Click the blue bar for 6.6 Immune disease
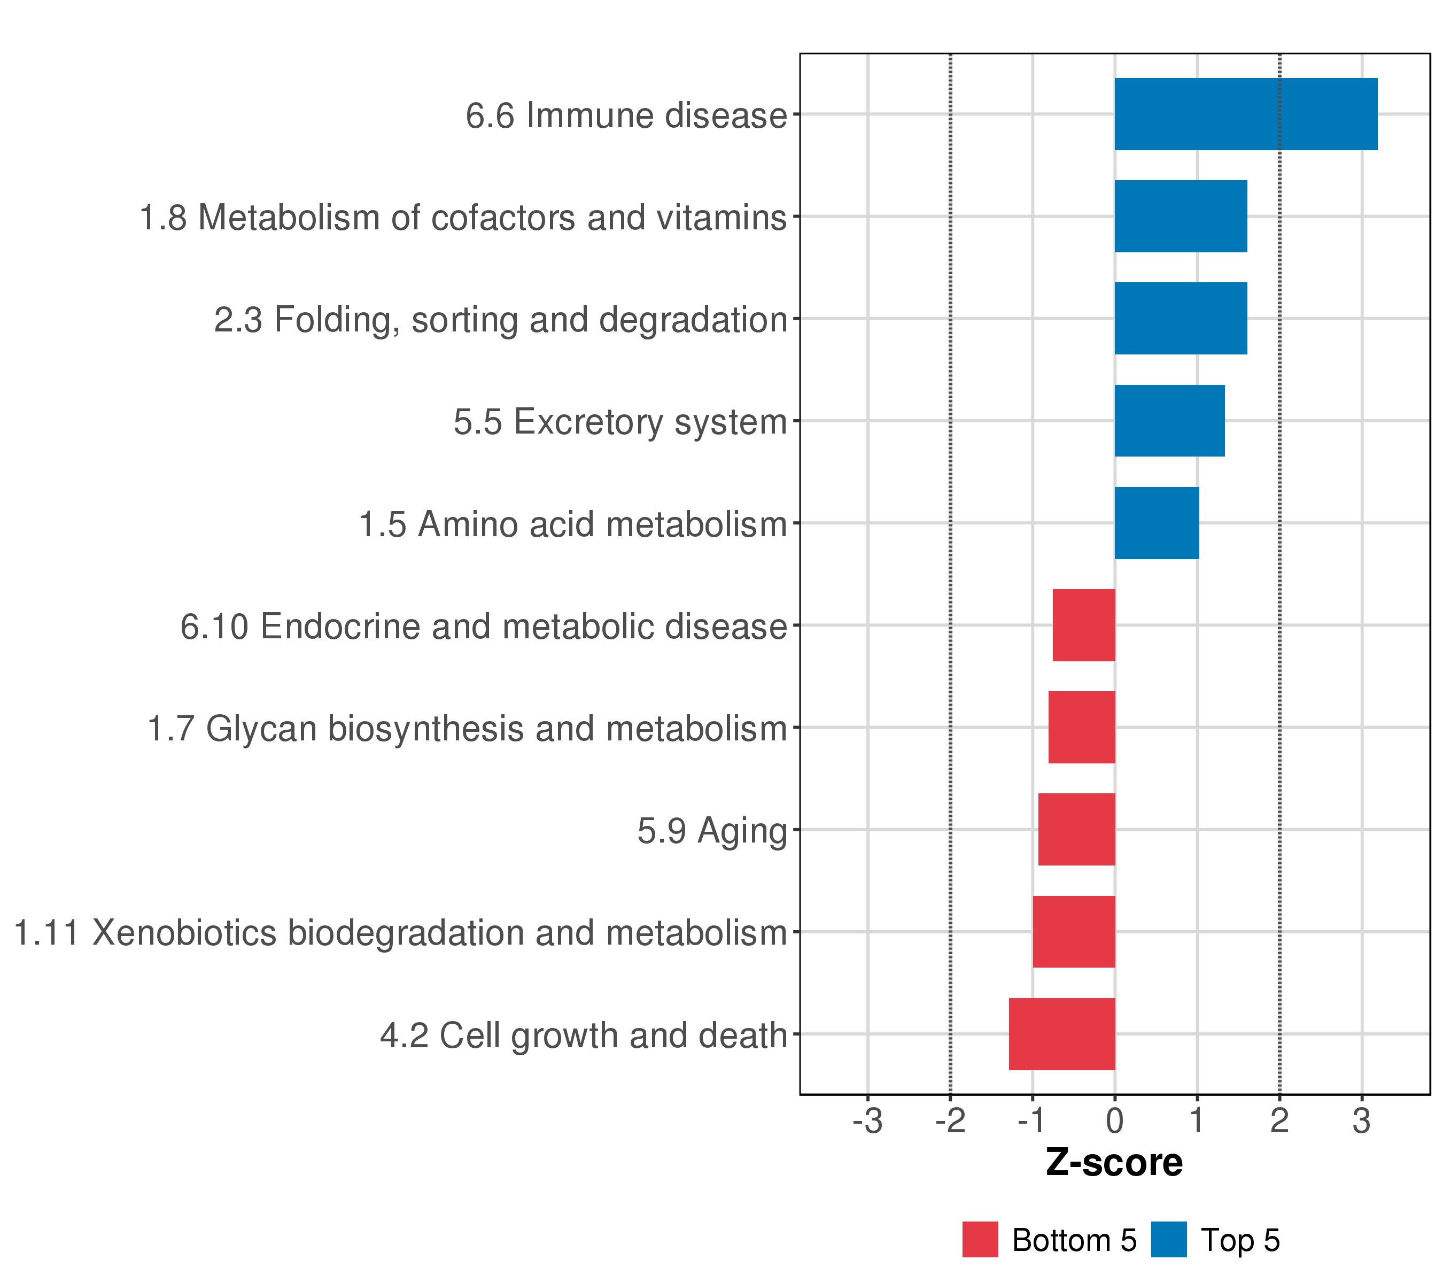tap(1245, 114)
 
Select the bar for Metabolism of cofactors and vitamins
tap(1181, 216)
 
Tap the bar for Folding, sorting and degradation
tap(1181, 319)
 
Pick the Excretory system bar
tap(1169, 421)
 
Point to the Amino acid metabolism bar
tap(1157, 523)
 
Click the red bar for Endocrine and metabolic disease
tap(1084, 625)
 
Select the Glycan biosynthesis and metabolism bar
tap(1082, 727)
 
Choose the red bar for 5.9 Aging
tap(1076, 830)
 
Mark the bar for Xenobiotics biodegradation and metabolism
tap(1074, 931)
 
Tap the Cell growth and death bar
tap(1062, 1034)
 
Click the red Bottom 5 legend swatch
tap(980, 1240)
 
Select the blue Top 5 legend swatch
tap(1168, 1240)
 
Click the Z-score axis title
tap(1114, 1162)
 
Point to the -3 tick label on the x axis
tap(867, 1122)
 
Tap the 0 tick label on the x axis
tap(1115, 1122)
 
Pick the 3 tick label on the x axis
tap(1362, 1122)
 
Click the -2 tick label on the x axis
tap(950, 1122)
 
